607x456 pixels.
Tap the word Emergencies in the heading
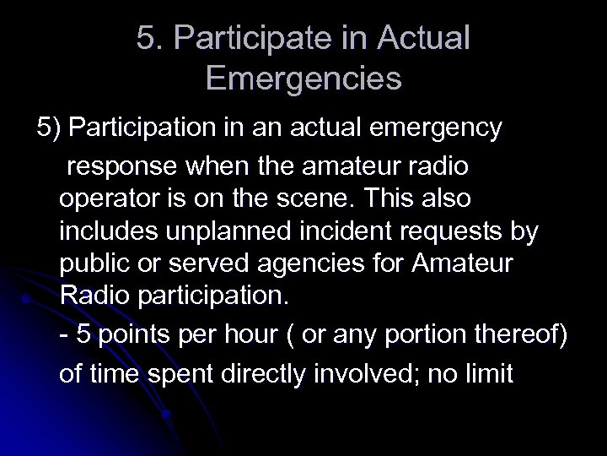303,80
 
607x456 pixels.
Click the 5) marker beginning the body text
49,128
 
